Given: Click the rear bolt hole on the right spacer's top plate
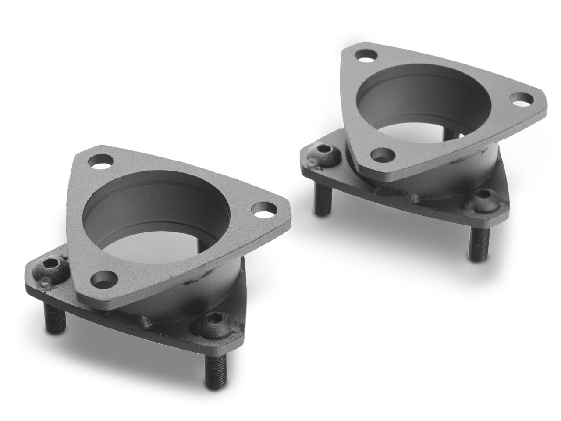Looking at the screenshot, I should (363, 57).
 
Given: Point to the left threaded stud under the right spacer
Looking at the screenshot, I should (320, 200).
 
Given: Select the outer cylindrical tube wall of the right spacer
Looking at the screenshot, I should (491, 167).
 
